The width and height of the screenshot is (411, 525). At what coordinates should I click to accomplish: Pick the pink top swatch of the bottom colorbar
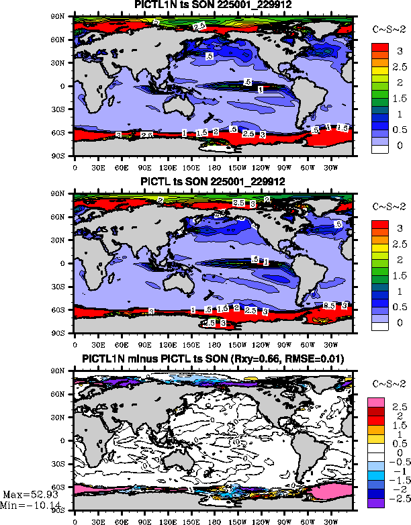(375, 402)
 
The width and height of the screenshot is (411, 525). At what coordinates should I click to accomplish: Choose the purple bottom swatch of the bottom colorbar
(375, 500)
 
